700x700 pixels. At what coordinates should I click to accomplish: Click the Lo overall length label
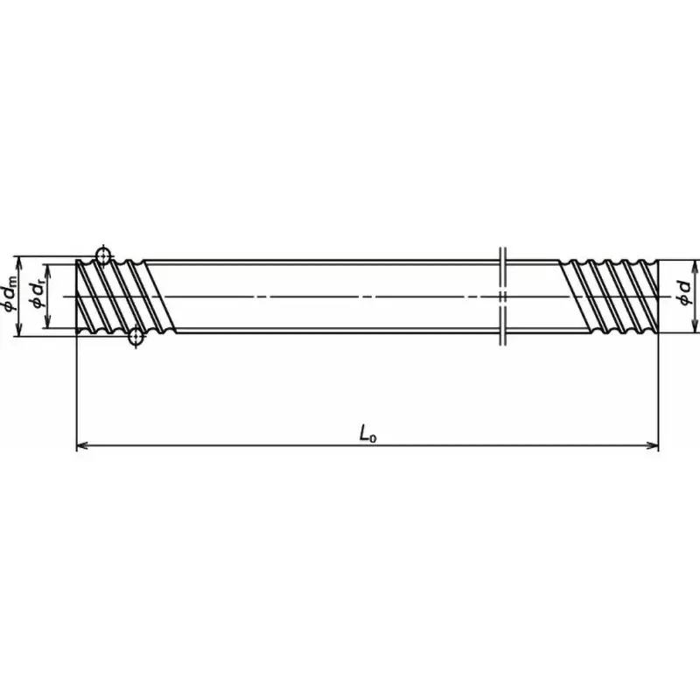pyautogui.click(x=367, y=432)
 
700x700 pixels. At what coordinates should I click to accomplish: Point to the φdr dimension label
pyautogui.click(x=37, y=296)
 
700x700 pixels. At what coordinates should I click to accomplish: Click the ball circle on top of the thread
pyautogui.click(x=102, y=255)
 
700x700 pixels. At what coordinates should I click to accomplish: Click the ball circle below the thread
pyautogui.click(x=136, y=338)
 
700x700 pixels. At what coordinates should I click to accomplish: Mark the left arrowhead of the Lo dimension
pyautogui.click(x=82, y=446)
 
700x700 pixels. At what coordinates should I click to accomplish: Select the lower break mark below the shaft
pyautogui.click(x=502, y=338)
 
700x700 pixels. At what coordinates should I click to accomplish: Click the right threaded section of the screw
pyautogui.click(x=612, y=297)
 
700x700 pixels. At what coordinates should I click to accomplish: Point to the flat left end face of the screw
pyautogui.click(x=78, y=297)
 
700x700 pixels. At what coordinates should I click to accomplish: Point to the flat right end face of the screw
pyautogui.click(x=657, y=297)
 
